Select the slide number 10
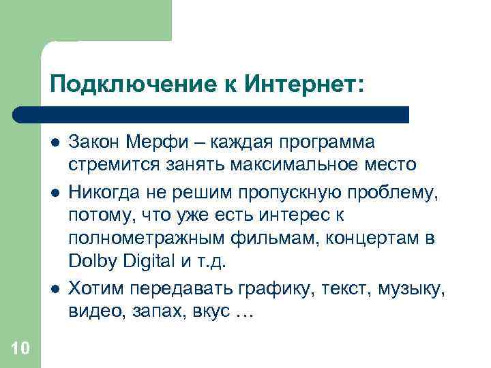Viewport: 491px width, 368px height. coord(20,349)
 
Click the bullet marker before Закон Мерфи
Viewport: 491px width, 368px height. coord(54,142)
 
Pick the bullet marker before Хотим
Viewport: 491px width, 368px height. coord(54,288)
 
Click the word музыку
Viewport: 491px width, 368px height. coord(415,288)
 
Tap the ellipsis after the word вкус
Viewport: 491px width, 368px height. coord(243,312)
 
